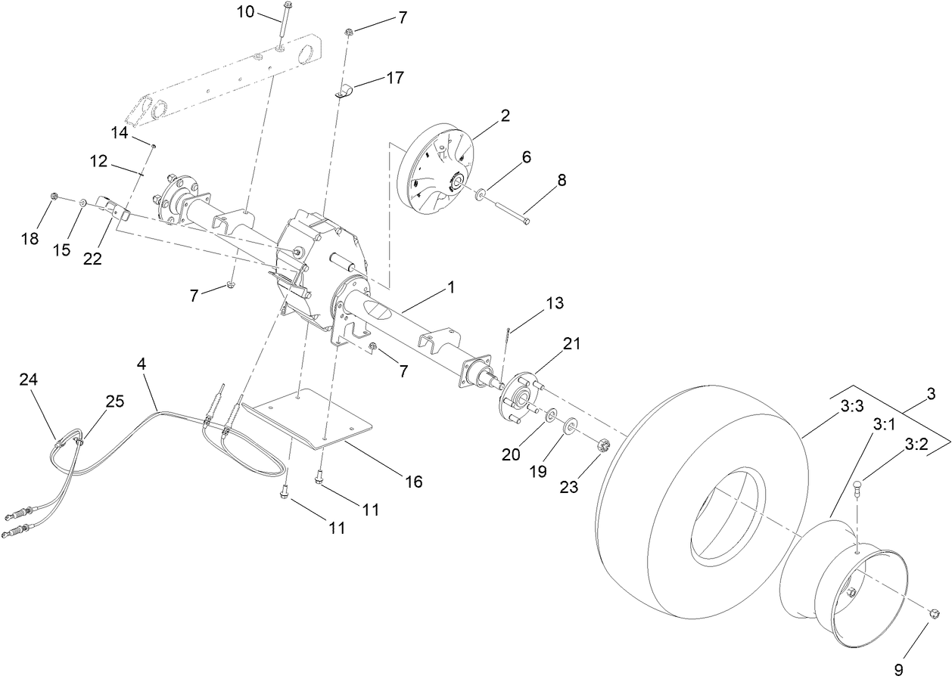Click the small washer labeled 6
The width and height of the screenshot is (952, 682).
tap(480, 196)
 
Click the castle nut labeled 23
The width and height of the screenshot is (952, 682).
tap(603, 445)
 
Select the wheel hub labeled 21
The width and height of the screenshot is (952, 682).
tap(518, 393)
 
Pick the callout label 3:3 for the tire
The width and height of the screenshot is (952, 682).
tap(851, 406)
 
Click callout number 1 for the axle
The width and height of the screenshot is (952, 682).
tap(450, 287)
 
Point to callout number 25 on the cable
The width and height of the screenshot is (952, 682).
tap(114, 401)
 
